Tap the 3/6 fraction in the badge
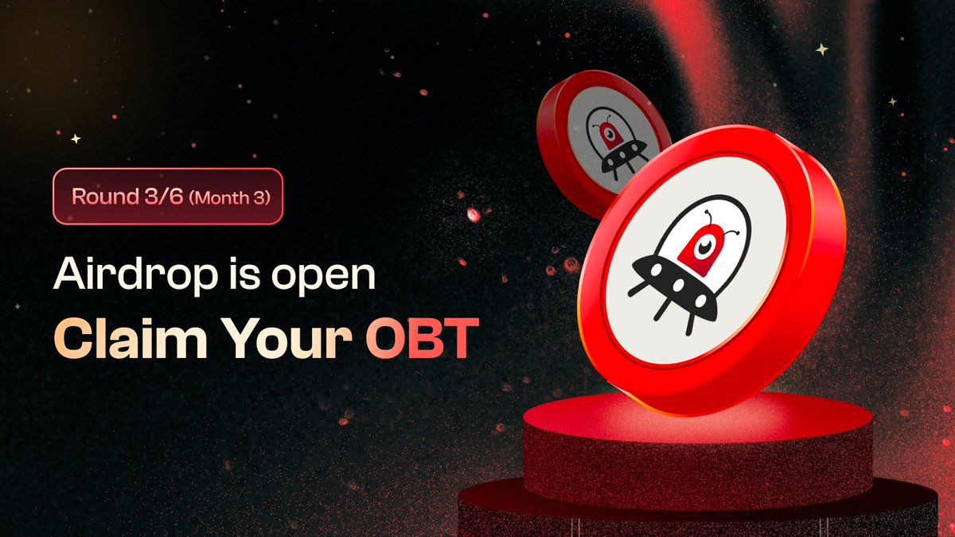pyautogui.click(x=158, y=196)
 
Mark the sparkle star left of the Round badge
pyautogui.click(x=76, y=138)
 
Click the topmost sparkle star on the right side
pyautogui.click(x=821, y=49)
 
